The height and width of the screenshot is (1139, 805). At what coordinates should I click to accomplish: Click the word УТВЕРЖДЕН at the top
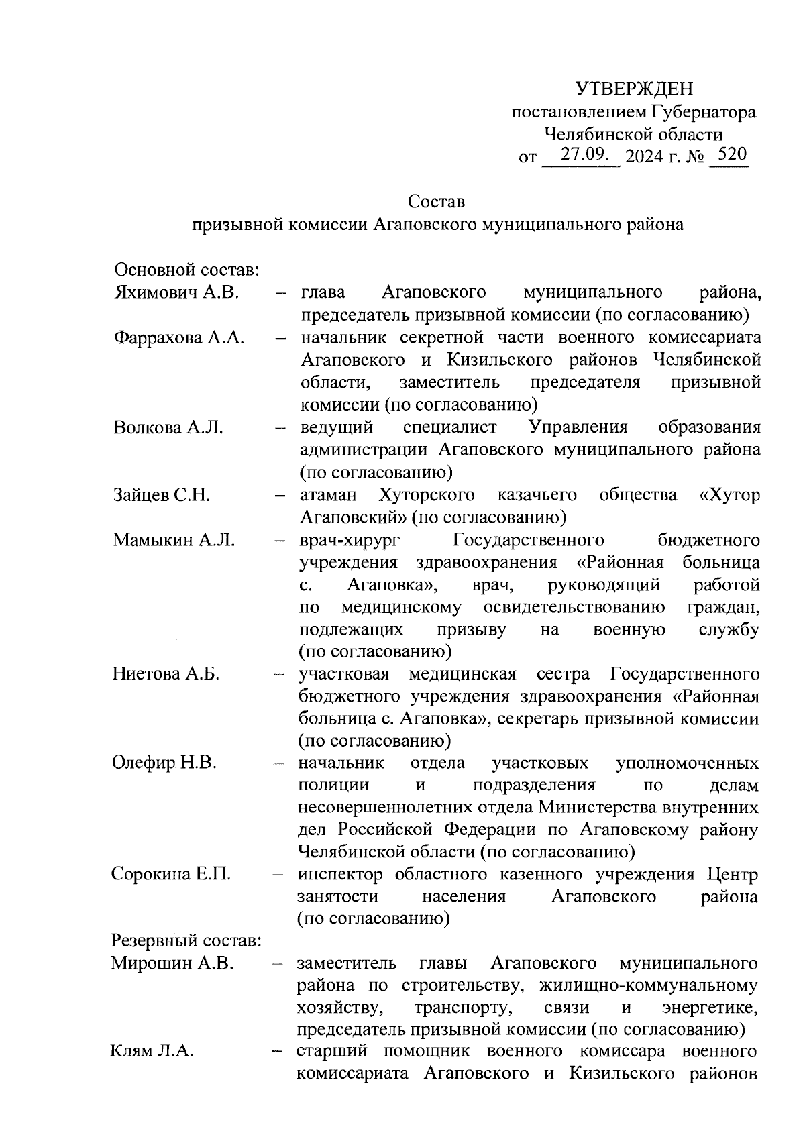click(634, 89)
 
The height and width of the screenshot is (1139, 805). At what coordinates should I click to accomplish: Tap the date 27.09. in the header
click(583, 156)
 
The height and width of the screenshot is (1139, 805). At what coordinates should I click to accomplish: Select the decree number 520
click(728, 155)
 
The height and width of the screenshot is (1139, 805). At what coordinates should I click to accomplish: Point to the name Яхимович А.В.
click(177, 292)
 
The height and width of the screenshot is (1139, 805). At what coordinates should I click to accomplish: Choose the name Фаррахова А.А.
click(178, 337)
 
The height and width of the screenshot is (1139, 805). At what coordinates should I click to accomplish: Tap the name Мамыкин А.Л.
click(174, 540)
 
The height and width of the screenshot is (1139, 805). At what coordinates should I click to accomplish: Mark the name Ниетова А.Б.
click(166, 673)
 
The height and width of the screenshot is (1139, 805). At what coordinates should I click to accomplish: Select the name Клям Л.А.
click(152, 1052)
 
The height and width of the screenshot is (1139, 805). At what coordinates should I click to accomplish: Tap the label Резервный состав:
click(186, 941)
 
